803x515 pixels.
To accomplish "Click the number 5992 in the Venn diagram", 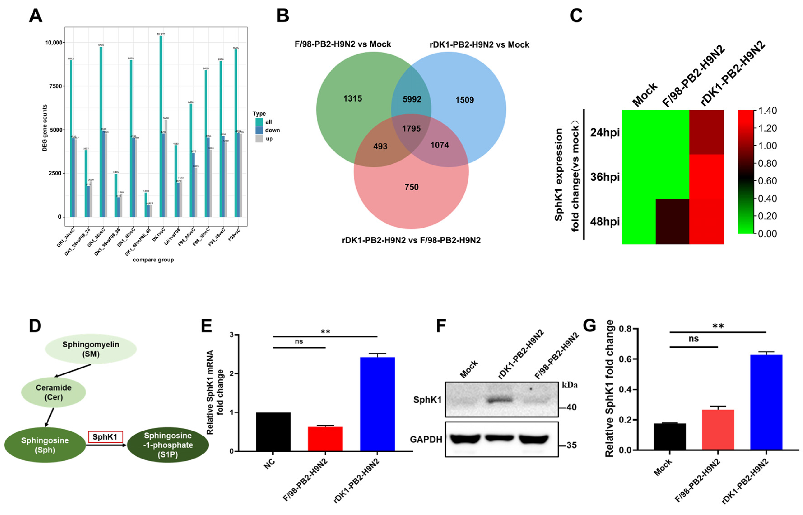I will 412,99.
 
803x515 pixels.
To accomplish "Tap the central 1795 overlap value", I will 411,129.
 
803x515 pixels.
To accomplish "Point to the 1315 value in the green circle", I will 352,99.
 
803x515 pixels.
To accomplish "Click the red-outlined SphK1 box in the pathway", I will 105,437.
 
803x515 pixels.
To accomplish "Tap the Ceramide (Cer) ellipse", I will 54,392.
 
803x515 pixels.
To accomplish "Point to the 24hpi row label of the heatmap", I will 604,133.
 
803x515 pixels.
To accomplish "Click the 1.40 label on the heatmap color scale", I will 767,111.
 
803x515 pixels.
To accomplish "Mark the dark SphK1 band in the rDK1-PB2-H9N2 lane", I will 499,399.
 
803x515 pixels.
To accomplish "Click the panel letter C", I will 576,16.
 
